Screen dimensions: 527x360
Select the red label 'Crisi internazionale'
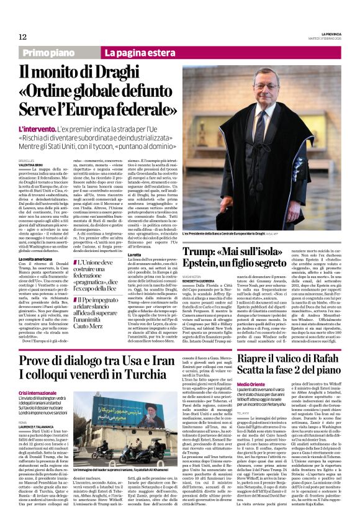37,394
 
